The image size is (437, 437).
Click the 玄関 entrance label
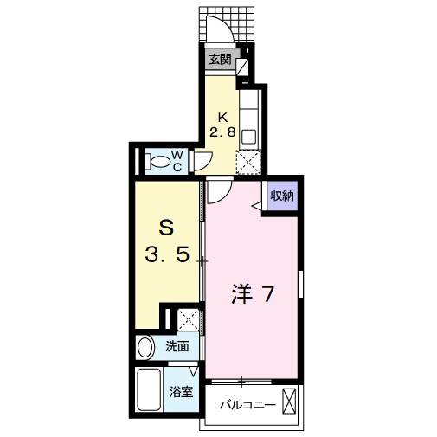220,60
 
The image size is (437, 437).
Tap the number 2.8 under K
222,132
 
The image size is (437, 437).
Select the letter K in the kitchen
222,118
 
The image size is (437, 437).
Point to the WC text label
177,162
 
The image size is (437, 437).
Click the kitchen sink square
250,136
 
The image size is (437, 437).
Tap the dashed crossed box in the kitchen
248,162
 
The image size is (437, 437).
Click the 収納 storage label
282,196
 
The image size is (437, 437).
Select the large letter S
166,228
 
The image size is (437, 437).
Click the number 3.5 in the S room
167,254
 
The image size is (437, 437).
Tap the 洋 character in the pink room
241,293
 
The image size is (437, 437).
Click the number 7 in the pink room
267,293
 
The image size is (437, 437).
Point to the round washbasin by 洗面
145,348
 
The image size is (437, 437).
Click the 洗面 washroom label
177,346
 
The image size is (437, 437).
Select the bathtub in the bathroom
149,389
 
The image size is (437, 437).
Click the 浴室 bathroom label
181,392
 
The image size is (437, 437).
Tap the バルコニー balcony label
247,405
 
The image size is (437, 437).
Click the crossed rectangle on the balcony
289,402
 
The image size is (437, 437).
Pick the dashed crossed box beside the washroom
188,319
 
